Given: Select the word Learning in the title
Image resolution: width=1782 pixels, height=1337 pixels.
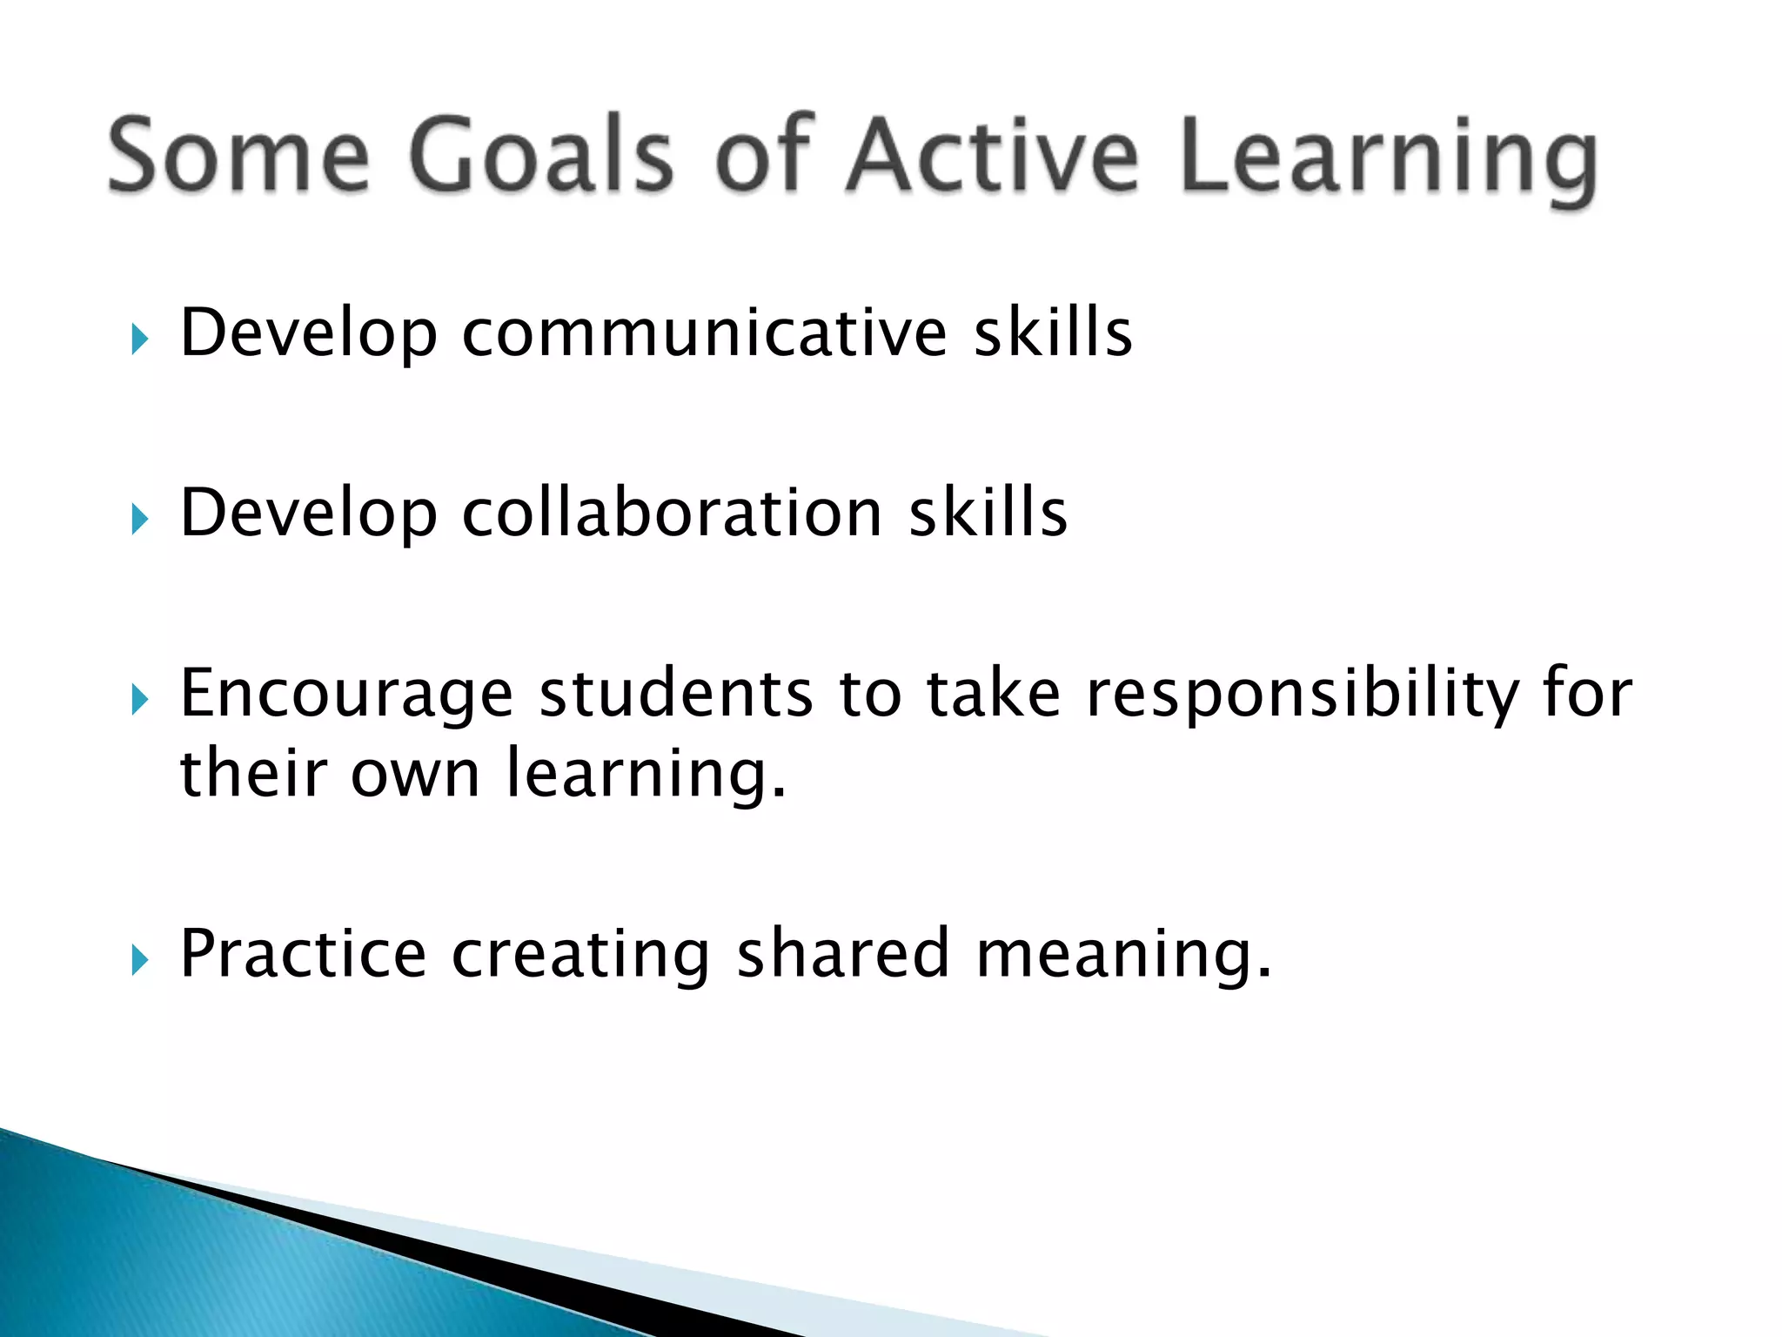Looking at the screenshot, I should click(1389, 161).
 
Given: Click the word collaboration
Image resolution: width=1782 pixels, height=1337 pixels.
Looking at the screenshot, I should click(672, 513).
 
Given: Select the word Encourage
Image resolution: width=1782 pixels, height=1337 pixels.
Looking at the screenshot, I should click(346, 695).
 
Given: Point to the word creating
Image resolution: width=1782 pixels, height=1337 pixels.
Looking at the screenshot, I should click(580, 956).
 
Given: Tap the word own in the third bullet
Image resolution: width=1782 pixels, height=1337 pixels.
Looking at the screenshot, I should click(415, 775).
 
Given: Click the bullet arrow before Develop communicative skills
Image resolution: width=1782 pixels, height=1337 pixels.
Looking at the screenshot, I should click(139, 339).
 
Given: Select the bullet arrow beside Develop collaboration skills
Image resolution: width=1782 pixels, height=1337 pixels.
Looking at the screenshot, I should click(139, 520).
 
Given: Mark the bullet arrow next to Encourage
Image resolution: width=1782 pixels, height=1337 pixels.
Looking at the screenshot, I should click(139, 700).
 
